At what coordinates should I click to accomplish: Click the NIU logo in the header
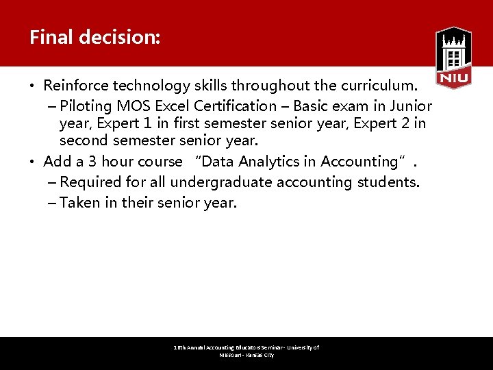(453, 58)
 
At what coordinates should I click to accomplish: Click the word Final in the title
(51, 37)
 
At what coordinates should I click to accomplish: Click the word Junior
(410, 106)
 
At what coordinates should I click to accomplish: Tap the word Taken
(79, 203)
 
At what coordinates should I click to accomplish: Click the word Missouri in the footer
(231, 356)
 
